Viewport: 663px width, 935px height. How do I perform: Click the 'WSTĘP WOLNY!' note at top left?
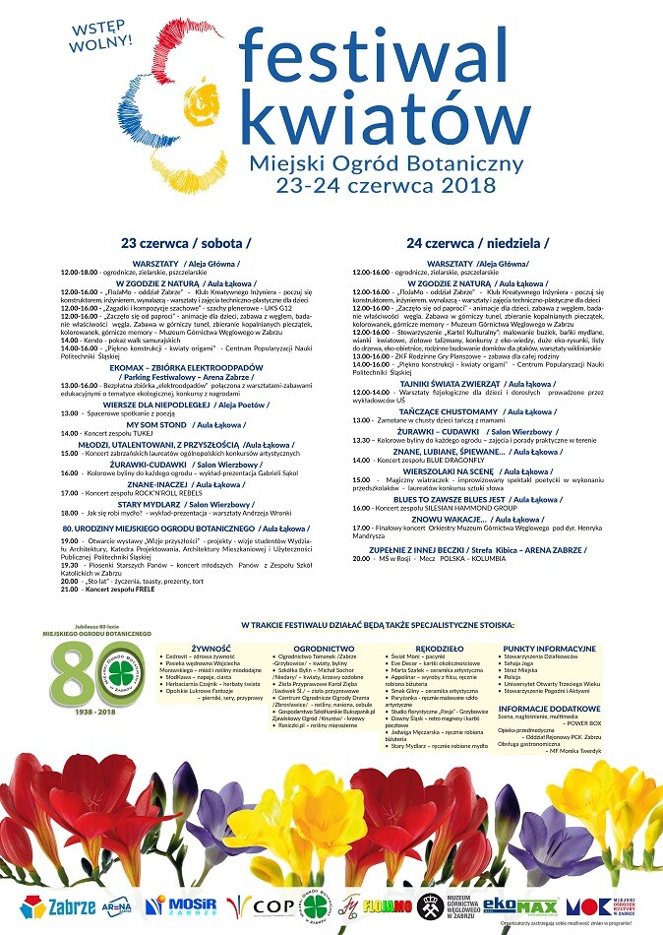(102, 33)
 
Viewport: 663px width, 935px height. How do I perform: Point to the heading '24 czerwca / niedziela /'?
(478, 242)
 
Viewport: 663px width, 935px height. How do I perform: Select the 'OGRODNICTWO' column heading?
(324, 650)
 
